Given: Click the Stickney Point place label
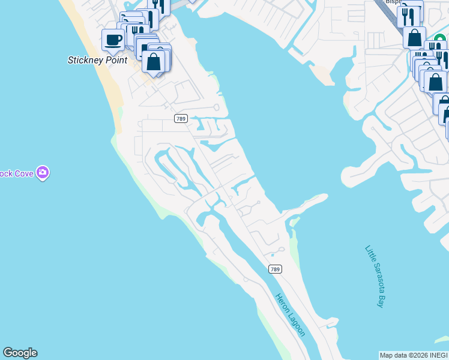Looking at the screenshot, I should tap(97, 60).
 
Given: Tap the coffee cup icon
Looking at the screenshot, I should tap(113, 41).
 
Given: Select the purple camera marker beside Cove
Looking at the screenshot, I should tap(42, 173).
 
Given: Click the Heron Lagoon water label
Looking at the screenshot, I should tap(291, 314).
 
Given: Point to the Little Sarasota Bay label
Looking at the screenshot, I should tap(374, 276).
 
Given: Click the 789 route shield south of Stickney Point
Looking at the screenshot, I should tap(180, 119).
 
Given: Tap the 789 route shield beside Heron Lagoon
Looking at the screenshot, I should tap(274, 269).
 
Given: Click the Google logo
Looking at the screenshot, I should tap(20, 353).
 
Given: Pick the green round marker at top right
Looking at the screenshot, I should tap(440, 40).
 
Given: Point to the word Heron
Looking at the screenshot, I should tap(282, 302).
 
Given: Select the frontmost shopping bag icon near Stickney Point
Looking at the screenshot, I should tap(154, 62).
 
